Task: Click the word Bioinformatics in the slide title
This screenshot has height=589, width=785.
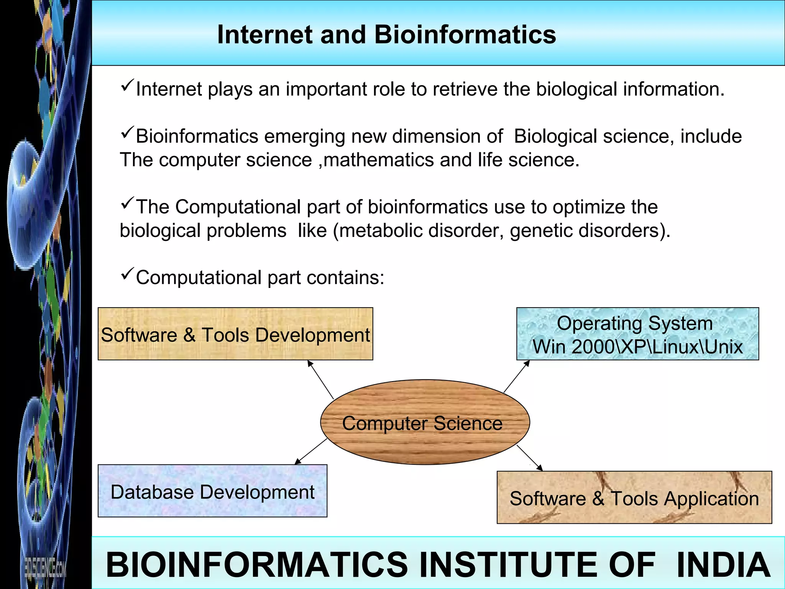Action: pyautogui.click(x=465, y=35)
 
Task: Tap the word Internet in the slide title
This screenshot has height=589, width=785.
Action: pyautogui.click(x=264, y=35)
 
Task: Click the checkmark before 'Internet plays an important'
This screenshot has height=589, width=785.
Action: pyautogui.click(x=127, y=85)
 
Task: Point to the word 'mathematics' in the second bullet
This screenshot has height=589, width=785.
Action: pyautogui.click(x=378, y=160)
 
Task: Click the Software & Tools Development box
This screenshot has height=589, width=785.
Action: pyautogui.click(x=235, y=334)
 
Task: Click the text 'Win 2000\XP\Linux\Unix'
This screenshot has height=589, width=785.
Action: pyautogui.click(x=637, y=347)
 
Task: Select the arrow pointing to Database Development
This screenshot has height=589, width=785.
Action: pyautogui.click(x=311, y=451)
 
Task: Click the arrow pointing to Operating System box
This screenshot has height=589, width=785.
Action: pyautogui.click(x=516, y=376)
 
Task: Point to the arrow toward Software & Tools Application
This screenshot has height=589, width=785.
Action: pyautogui.click(x=530, y=458)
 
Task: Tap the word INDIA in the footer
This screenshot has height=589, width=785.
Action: pyautogui.click(x=723, y=565)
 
